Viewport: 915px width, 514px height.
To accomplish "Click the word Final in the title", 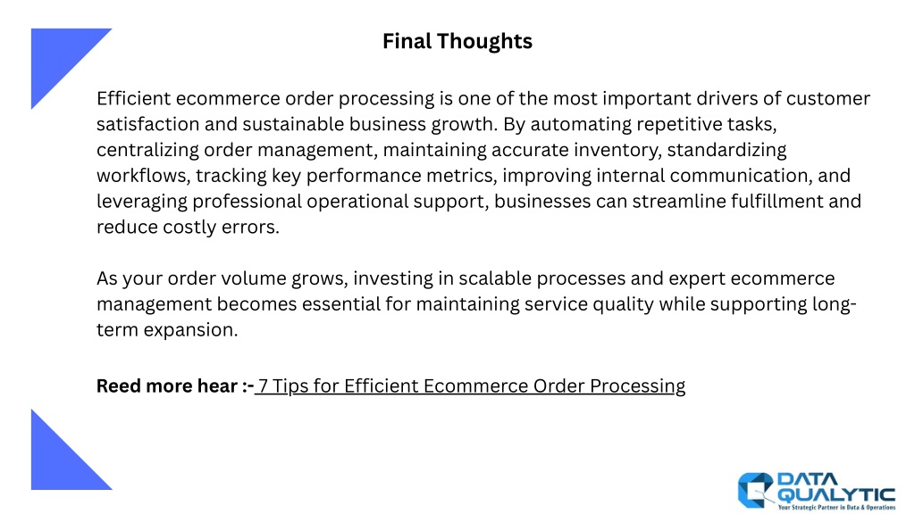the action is point(407,41).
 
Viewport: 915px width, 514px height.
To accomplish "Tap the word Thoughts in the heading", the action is point(484,42).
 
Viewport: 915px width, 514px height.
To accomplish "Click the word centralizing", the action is point(147,150).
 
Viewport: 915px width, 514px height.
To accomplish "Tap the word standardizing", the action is point(726,150).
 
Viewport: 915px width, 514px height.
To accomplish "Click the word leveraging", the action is point(142,202).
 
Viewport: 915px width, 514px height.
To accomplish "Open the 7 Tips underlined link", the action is point(470,386).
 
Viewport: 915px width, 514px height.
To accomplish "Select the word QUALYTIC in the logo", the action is point(837,494).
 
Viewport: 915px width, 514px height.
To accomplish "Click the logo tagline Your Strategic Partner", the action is point(807,508).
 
